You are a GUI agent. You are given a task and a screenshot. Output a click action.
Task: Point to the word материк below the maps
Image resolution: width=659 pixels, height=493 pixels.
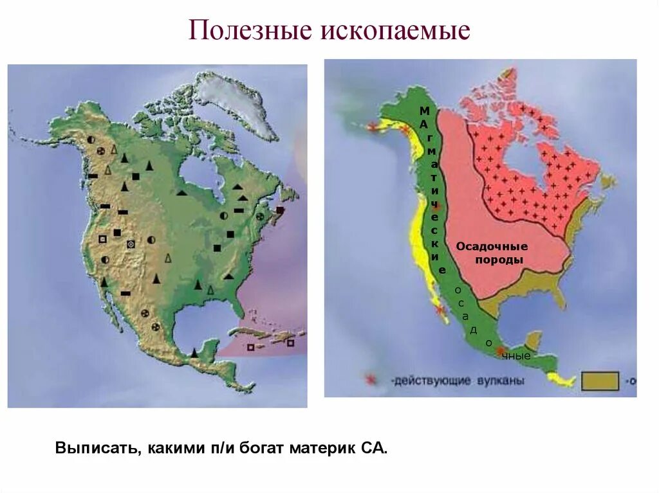click(x=319, y=447)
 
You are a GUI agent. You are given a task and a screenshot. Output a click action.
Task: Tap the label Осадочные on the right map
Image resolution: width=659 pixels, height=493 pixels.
click(x=492, y=247)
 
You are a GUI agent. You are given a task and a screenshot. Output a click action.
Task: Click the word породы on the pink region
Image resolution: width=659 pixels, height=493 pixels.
click(x=499, y=260)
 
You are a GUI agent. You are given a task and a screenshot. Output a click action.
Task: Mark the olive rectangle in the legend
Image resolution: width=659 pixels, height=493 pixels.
click(x=600, y=381)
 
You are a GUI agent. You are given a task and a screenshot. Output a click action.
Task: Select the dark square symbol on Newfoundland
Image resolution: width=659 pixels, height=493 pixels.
click(x=280, y=210)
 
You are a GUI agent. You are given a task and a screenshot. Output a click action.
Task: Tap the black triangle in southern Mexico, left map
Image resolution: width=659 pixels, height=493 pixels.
click(x=194, y=352)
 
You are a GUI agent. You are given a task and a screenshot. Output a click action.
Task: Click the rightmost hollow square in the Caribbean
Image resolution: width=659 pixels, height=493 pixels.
click(x=290, y=343)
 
